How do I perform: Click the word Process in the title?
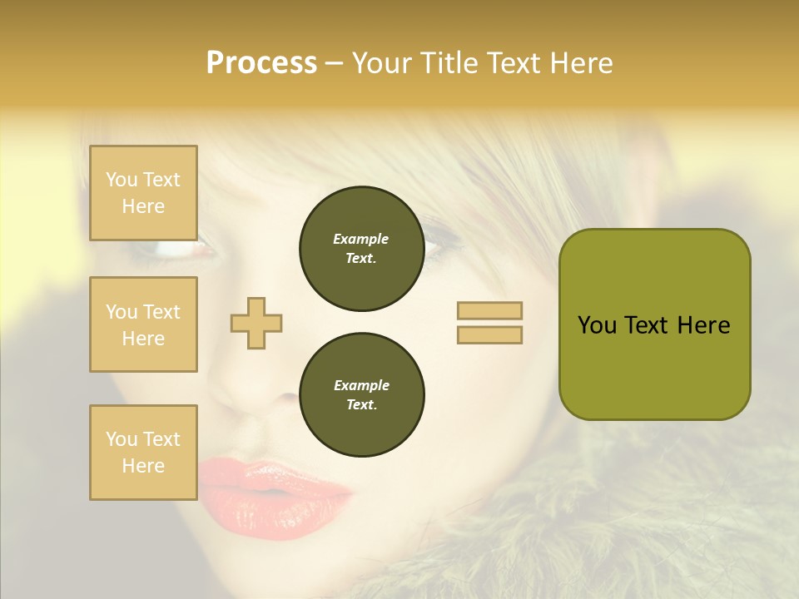pyautogui.click(x=261, y=63)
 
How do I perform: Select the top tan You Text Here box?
pyautogui.click(x=143, y=193)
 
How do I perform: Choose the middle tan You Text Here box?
pyautogui.click(x=143, y=324)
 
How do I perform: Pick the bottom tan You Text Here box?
pyautogui.click(x=143, y=453)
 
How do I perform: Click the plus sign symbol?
pyautogui.click(x=256, y=322)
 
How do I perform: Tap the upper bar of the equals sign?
pyautogui.click(x=489, y=310)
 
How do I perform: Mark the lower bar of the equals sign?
pyautogui.click(x=489, y=334)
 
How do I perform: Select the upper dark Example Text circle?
pyautogui.click(x=362, y=249)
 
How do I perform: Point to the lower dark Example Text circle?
pyautogui.click(x=362, y=395)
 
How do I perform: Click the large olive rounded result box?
pyautogui.click(x=654, y=324)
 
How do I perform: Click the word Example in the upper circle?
pyautogui.click(x=361, y=239)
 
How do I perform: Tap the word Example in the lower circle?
pyautogui.click(x=361, y=385)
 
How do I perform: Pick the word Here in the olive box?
pyautogui.click(x=703, y=325)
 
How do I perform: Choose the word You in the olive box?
pyautogui.click(x=598, y=325)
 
